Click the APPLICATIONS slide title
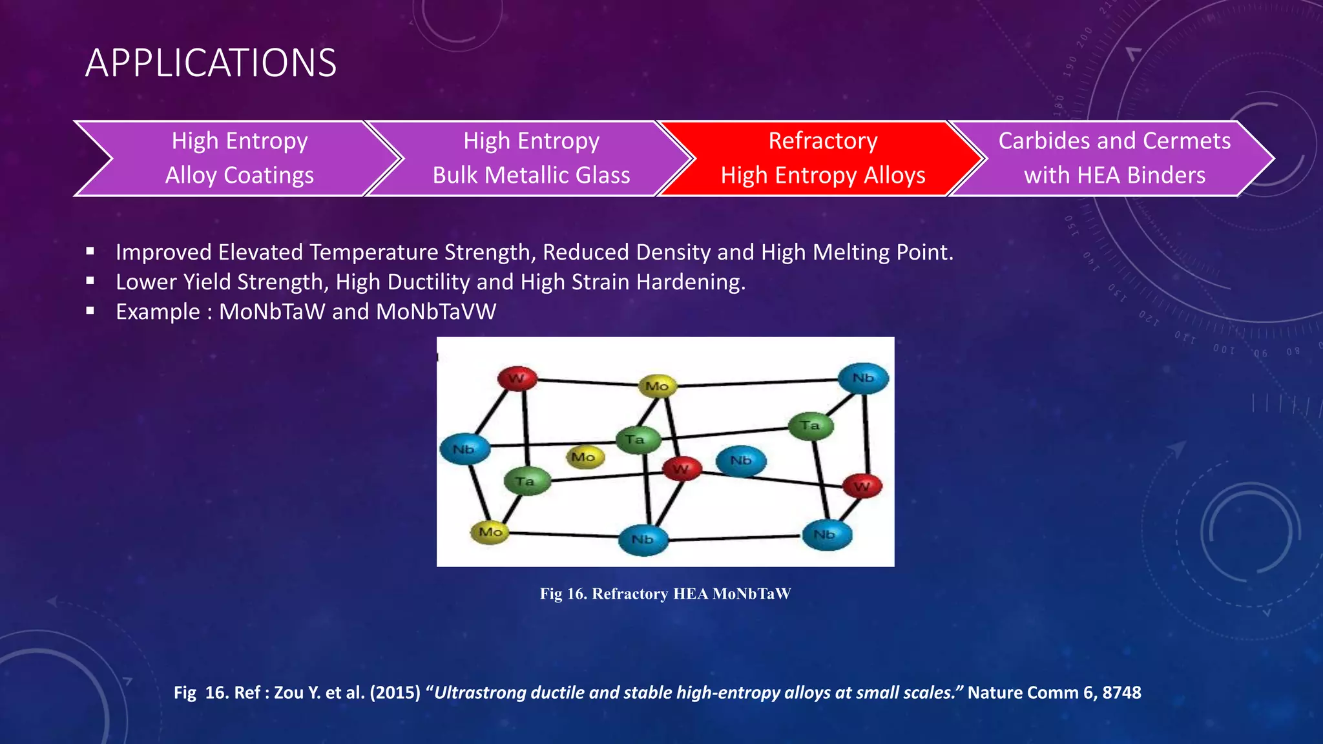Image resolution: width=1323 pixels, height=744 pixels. click(x=211, y=63)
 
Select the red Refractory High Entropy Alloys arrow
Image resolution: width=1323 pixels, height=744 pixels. click(x=822, y=158)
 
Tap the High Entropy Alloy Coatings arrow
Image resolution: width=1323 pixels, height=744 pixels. click(x=239, y=158)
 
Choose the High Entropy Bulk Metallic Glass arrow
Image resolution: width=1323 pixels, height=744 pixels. click(x=531, y=158)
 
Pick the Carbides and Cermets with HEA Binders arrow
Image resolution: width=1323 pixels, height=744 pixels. click(x=1114, y=158)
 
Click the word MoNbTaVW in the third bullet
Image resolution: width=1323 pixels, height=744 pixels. click(x=436, y=312)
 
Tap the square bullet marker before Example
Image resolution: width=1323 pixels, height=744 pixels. click(x=90, y=311)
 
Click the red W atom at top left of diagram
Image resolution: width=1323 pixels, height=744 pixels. click(x=517, y=378)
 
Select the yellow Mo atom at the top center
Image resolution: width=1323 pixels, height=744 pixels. click(x=657, y=386)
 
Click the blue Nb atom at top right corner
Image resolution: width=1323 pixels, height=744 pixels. click(x=863, y=378)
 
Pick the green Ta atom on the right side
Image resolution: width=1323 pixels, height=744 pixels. click(x=810, y=426)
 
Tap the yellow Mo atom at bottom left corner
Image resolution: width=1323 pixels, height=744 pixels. click(x=490, y=532)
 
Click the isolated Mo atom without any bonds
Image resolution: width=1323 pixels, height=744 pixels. click(x=584, y=457)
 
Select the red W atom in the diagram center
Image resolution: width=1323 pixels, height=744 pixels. click(x=682, y=469)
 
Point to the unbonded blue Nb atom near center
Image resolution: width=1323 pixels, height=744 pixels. click(x=741, y=461)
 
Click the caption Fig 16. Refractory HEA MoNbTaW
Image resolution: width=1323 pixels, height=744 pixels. click(x=665, y=594)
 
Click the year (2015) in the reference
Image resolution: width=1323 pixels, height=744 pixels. click(x=395, y=692)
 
